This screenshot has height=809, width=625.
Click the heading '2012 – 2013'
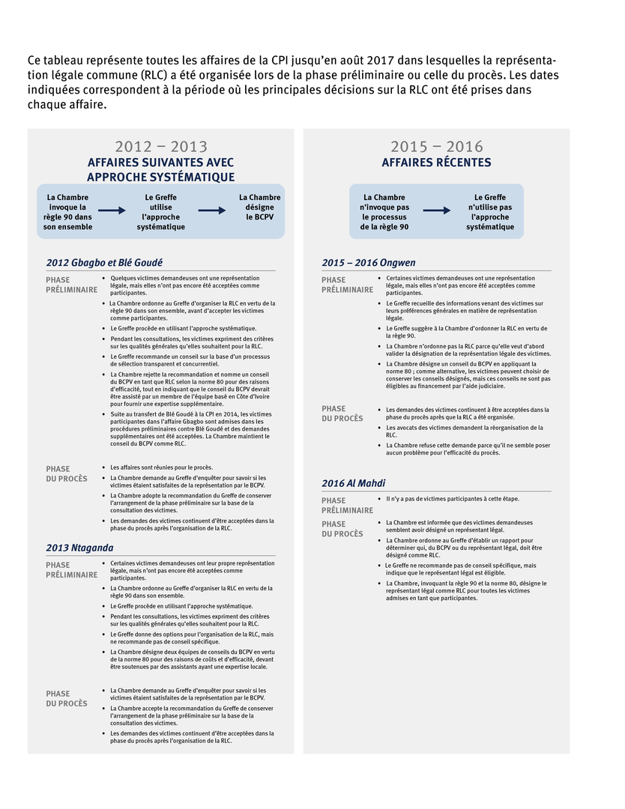tap(161, 147)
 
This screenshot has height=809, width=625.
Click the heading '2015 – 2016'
tap(436, 147)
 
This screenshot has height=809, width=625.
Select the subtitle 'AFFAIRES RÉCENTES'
tap(436, 163)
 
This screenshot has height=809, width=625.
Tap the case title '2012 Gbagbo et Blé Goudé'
tap(104, 262)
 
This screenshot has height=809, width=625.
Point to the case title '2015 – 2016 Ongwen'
tap(369, 262)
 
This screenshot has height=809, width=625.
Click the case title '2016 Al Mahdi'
tap(354, 483)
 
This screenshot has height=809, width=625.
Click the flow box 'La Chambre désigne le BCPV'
tap(260, 207)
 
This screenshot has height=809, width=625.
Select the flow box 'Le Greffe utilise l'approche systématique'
tap(161, 212)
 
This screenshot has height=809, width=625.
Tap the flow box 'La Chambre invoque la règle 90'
tap(67, 212)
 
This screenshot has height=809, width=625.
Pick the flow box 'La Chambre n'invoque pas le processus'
tap(384, 212)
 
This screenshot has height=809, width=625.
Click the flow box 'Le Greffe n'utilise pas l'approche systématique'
tap(490, 212)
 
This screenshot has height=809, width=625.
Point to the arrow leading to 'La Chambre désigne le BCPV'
tap(211, 211)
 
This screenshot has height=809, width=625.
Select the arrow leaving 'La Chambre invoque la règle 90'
tap(112, 211)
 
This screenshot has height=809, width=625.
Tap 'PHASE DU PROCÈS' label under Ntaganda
tap(67, 698)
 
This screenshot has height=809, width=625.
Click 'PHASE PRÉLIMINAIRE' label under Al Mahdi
tap(348, 505)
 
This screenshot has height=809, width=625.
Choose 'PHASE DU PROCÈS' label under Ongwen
tap(342, 413)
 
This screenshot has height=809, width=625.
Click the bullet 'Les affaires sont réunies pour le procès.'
tap(161, 467)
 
